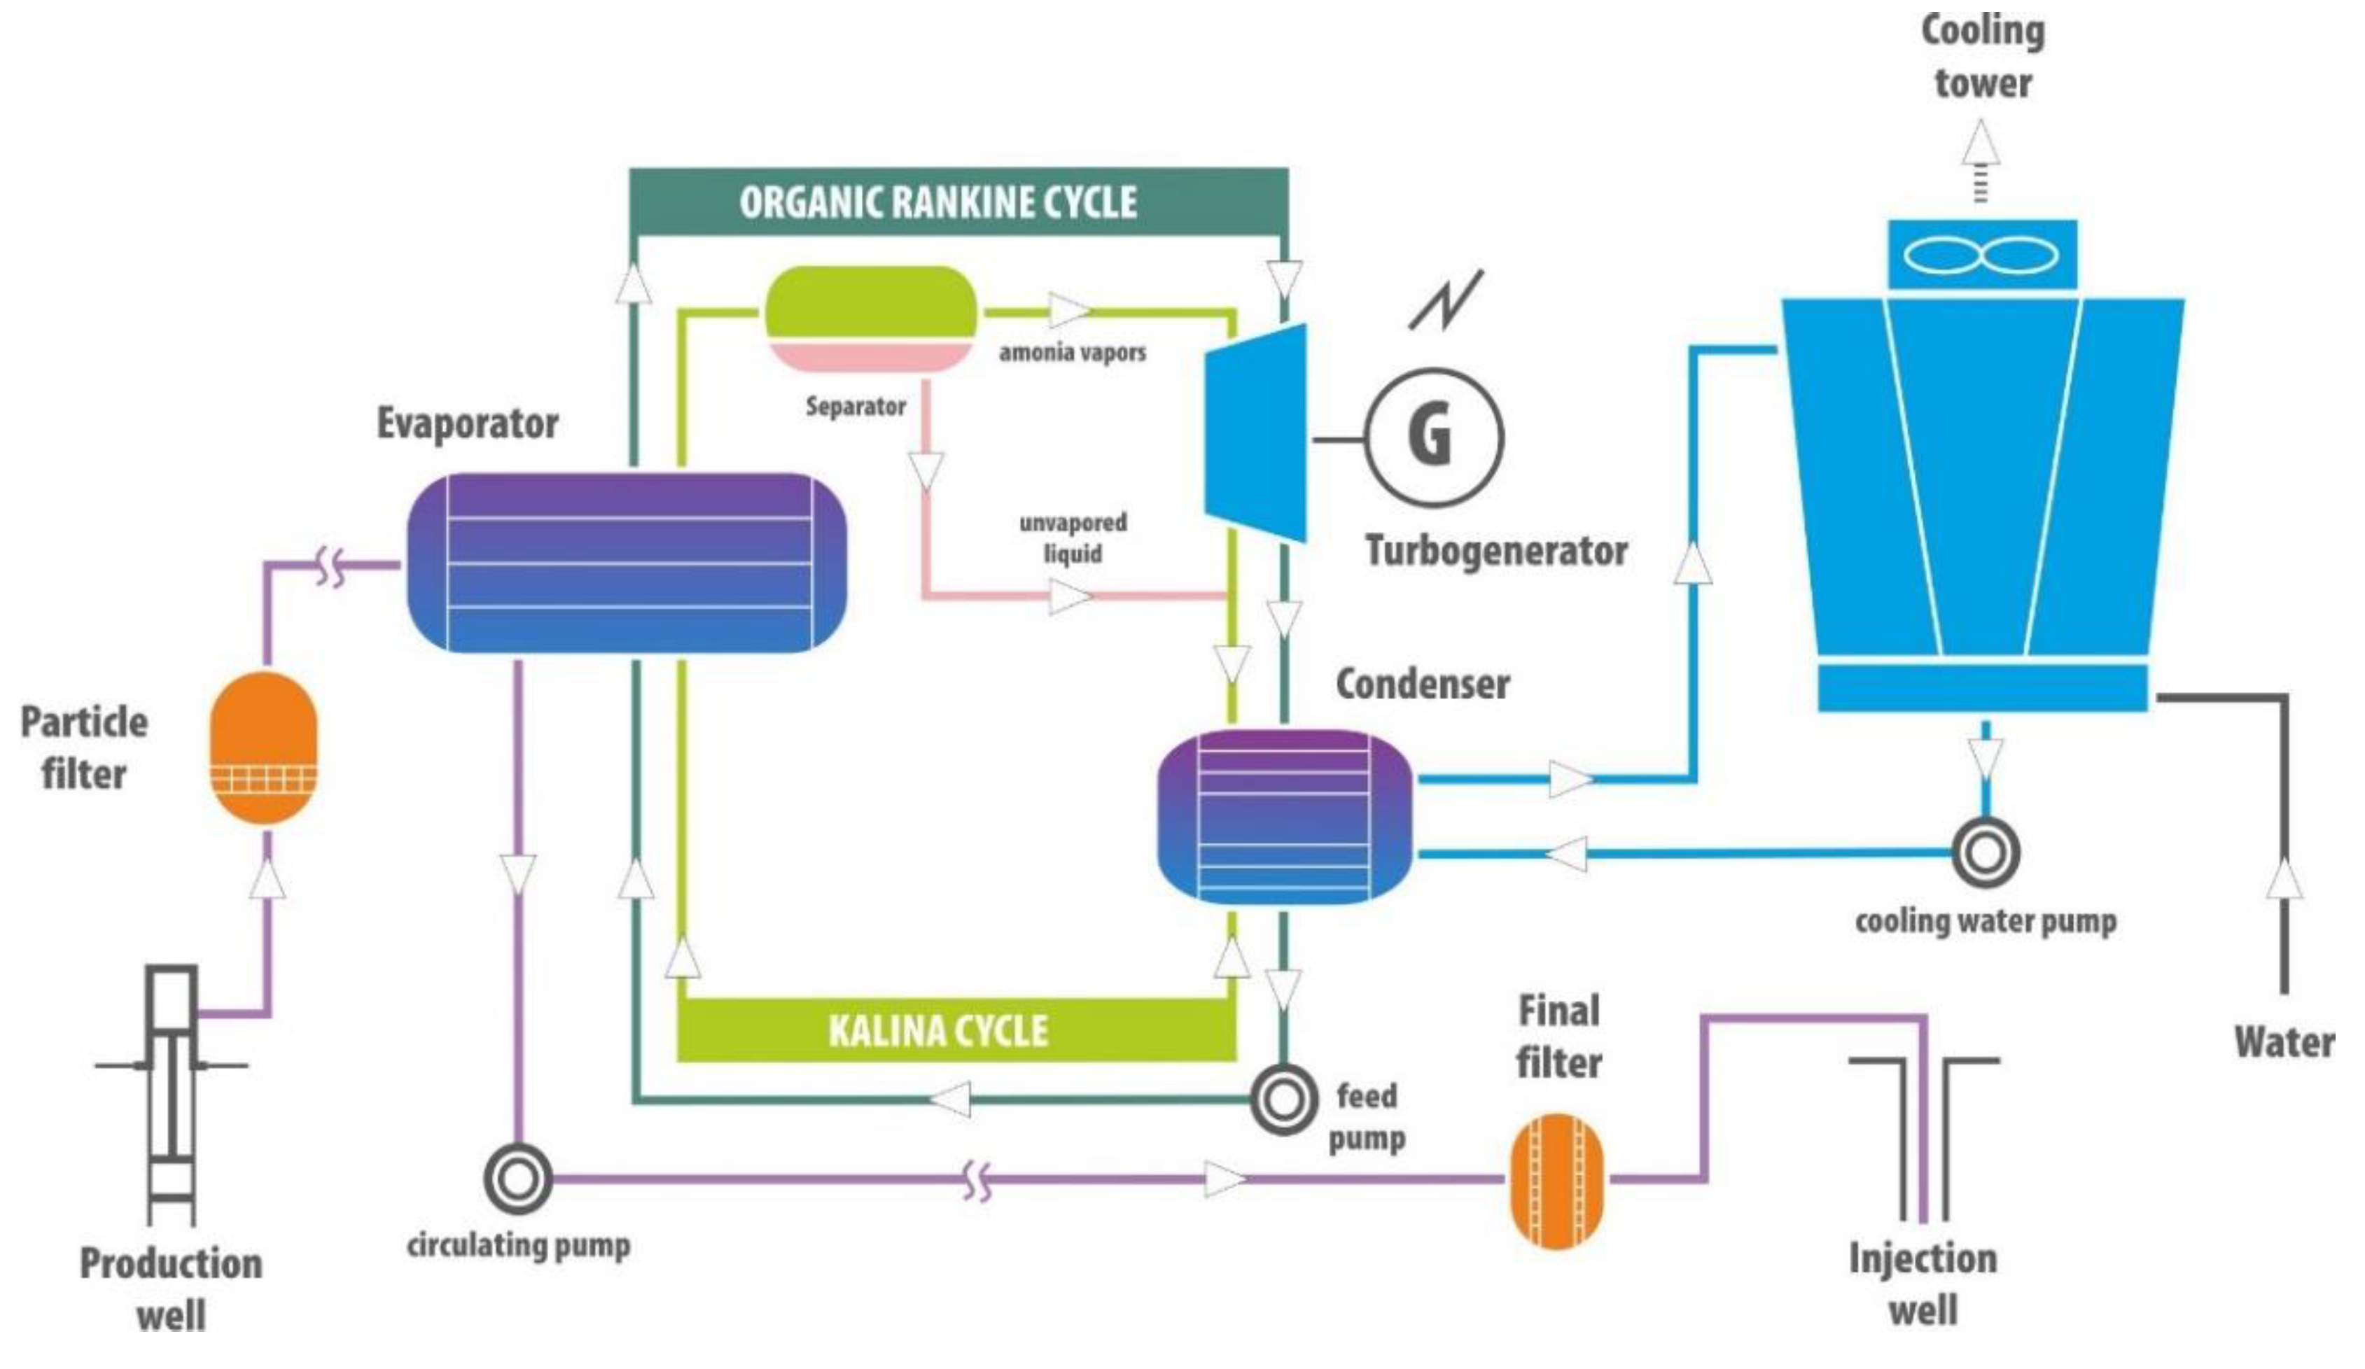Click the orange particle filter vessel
[x=263, y=747]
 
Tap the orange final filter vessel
[x=1557, y=1181]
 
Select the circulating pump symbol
[x=517, y=1179]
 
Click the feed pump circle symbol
[x=1283, y=1099]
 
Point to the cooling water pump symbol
[x=1986, y=853]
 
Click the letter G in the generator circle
[x=1430, y=437]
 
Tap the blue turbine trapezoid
[x=1256, y=433]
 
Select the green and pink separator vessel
[x=871, y=319]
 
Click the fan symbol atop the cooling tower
[x=1982, y=254]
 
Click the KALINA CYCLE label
[x=937, y=1031]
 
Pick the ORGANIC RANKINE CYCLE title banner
[x=958, y=202]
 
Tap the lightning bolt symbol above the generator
[x=1446, y=300]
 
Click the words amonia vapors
[x=1072, y=353]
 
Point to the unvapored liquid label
[x=1073, y=538]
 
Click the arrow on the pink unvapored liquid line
[x=1070, y=596]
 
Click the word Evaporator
[x=468, y=423]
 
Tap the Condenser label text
[x=1423, y=684]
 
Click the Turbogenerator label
[x=1496, y=551]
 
